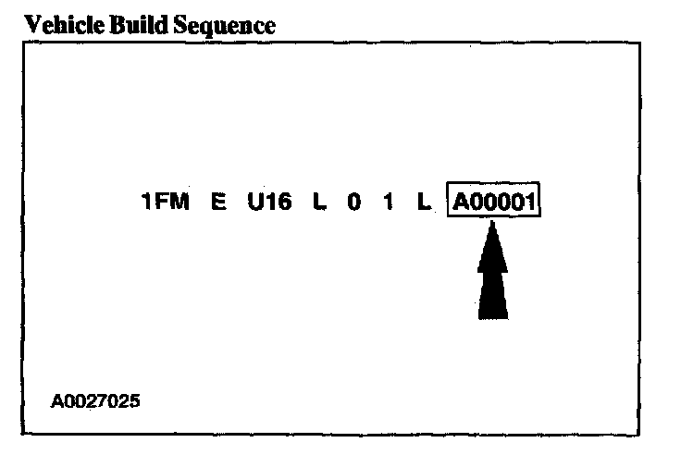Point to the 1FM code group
(166, 202)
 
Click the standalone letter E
(219, 202)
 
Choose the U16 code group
(268, 202)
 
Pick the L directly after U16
(320, 202)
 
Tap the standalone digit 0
(354, 202)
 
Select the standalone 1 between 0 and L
(390, 202)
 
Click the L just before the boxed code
(424, 202)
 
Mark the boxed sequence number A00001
(494, 202)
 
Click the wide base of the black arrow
(493, 310)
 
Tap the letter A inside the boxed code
(460, 202)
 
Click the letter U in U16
(254, 202)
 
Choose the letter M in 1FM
(180, 202)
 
